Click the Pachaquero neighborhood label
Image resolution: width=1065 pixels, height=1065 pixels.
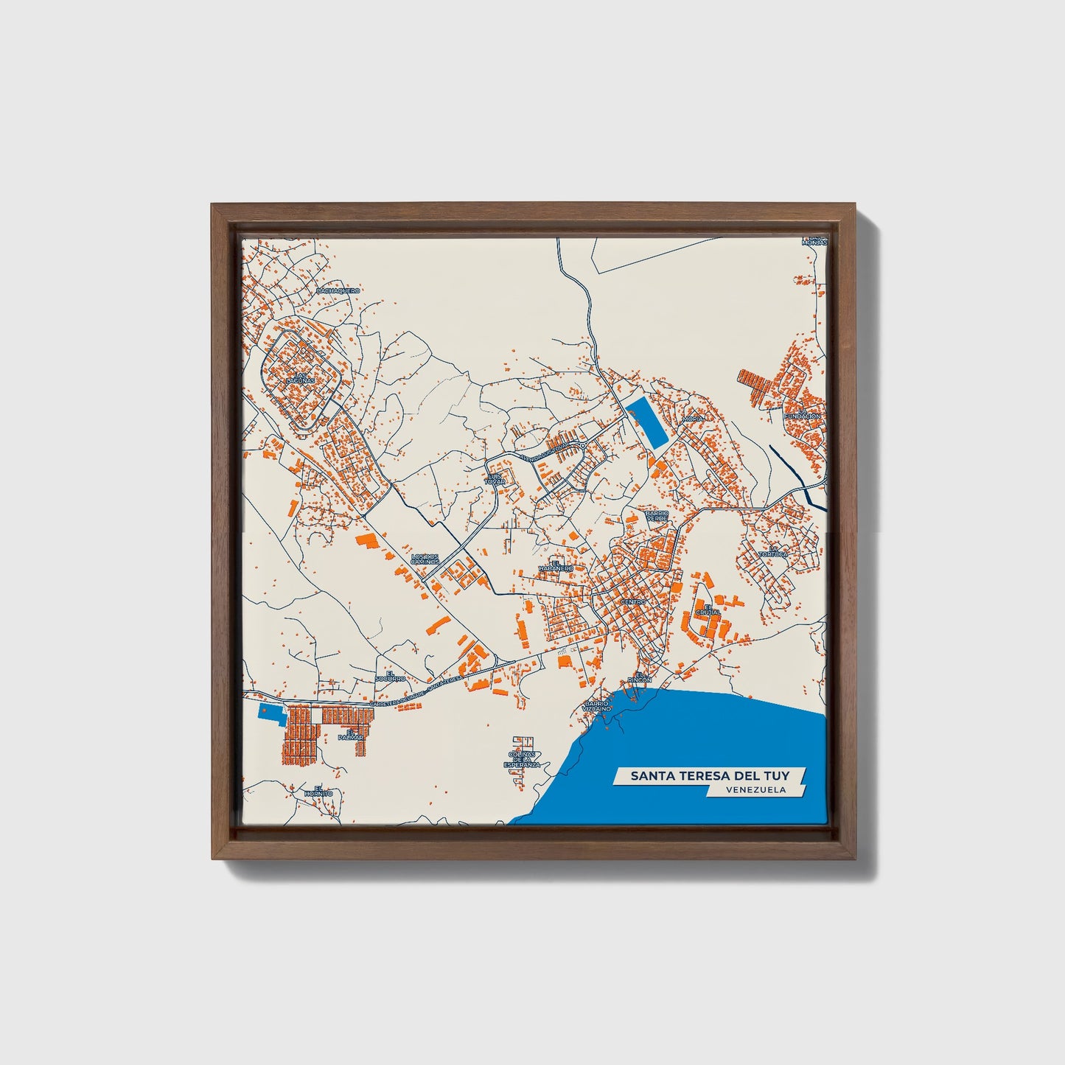[x=338, y=291]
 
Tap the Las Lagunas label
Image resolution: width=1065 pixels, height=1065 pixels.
[x=304, y=378]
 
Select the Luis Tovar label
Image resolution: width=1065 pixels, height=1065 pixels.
[x=495, y=478]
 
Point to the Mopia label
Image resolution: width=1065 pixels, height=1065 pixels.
[x=694, y=418]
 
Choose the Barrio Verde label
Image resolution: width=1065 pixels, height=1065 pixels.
[x=657, y=515]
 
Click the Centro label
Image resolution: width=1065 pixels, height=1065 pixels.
[x=633, y=602]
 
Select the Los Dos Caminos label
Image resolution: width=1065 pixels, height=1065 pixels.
[x=425, y=559]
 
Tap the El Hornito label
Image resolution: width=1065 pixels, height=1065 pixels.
[x=318, y=791]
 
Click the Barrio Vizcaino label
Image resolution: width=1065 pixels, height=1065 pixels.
[x=596, y=705]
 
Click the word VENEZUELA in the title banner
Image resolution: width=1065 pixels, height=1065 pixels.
[x=755, y=789]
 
